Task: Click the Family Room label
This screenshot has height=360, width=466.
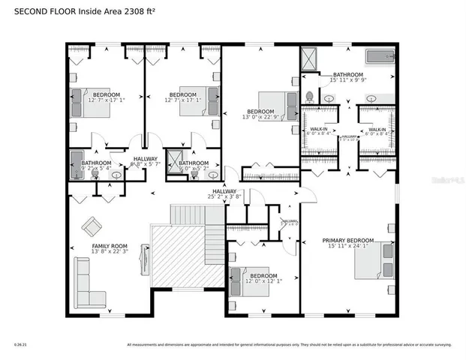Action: point(110,246)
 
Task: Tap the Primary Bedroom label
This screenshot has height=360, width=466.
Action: point(348,241)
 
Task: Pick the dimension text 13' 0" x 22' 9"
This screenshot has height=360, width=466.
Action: point(260,117)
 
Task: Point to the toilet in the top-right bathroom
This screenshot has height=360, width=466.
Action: point(309,97)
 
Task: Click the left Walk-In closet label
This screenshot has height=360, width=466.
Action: point(319,129)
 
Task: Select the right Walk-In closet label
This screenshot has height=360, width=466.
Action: point(376,129)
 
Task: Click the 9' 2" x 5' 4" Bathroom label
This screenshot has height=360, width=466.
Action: point(96,163)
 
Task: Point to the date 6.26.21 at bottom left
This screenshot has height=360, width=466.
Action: point(20,345)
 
